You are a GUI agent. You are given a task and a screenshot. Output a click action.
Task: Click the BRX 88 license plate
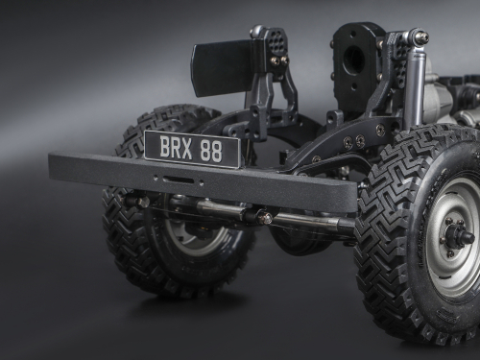point(193,148)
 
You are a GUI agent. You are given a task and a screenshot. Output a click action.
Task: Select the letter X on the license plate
point(186,149)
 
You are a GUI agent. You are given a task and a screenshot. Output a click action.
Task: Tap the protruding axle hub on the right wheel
point(459,236)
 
